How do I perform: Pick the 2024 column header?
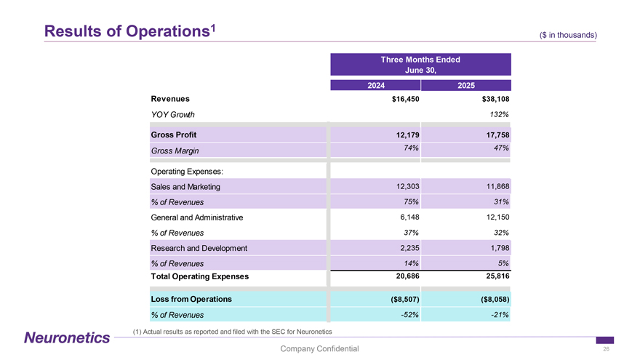(375, 85)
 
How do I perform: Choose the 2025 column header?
(466, 85)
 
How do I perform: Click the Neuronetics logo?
(66, 337)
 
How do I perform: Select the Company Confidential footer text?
(319, 349)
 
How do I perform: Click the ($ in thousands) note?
(568, 34)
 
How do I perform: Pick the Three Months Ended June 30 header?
(420, 65)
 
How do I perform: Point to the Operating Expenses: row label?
(186, 172)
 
